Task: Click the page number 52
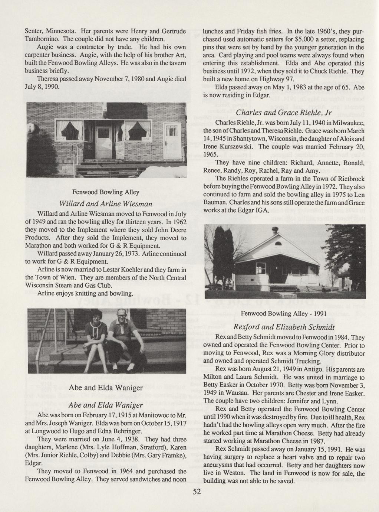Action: pyautogui.click(x=197, y=492)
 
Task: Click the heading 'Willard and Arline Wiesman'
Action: pyautogui.click(x=106, y=204)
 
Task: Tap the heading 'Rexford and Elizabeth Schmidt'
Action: pyautogui.click(x=284, y=327)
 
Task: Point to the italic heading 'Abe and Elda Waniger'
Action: pyautogui.click(x=106, y=404)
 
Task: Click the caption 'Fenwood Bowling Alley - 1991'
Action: pyautogui.click(x=284, y=313)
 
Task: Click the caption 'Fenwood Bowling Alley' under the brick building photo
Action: pyautogui.click(x=106, y=192)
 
